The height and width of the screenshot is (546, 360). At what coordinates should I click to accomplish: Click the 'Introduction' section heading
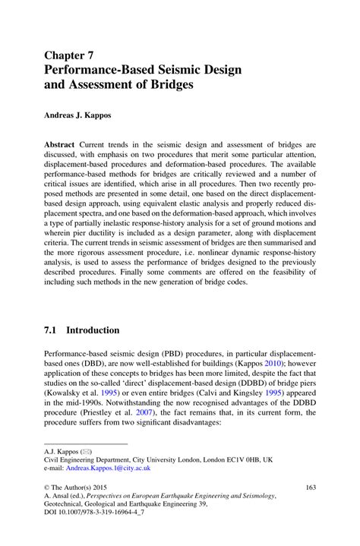click(x=93, y=330)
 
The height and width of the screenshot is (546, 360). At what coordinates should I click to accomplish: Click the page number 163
click(x=310, y=487)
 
